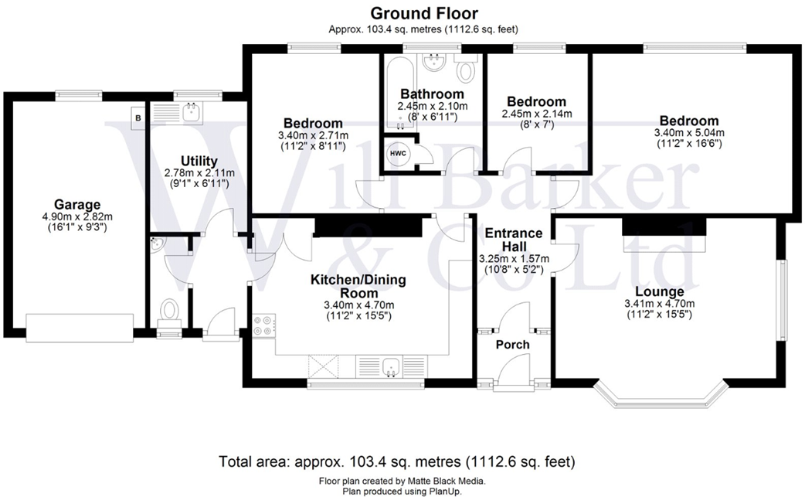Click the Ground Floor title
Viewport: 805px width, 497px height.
(x=424, y=13)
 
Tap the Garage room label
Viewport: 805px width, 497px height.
(x=82, y=205)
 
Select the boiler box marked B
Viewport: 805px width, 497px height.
(x=138, y=118)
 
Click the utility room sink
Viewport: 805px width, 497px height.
(x=189, y=113)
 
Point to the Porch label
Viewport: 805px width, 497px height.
(x=512, y=344)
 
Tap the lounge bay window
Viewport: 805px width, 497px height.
(x=661, y=399)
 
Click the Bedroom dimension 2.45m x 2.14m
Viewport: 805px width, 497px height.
(x=535, y=114)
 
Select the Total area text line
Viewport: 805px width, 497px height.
(x=397, y=463)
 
